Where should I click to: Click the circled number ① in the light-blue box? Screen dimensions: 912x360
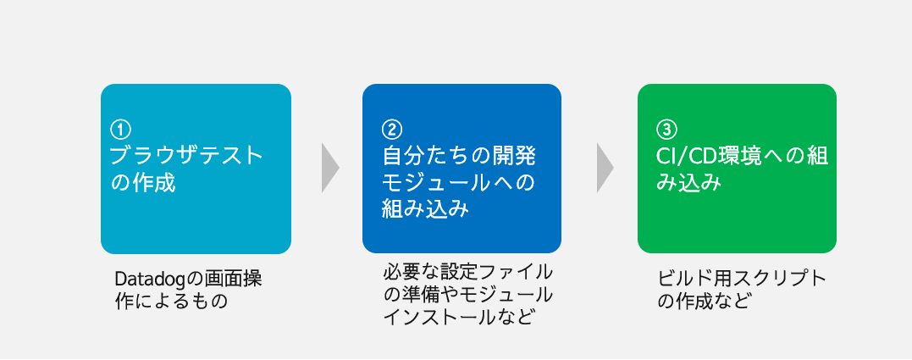[x=121, y=130]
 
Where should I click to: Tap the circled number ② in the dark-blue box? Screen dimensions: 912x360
[x=390, y=130]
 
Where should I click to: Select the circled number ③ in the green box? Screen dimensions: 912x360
[x=666, y=130]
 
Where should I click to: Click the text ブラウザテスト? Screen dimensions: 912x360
[x=187, y=156]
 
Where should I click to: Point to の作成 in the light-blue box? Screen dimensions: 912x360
[x=144, y=182]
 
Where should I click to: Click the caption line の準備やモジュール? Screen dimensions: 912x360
[x=467, y=295]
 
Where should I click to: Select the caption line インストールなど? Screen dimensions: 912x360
[x=459, y=318]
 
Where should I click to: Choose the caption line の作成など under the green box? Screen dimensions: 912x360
[x=704, y=301]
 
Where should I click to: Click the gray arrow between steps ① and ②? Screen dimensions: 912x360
[x=329, y=168]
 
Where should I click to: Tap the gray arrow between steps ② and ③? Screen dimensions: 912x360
[x=605, y=168]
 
